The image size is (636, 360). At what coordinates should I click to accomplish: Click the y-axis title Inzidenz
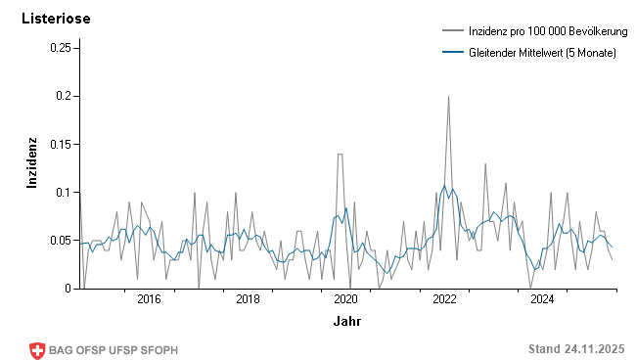click(31, 162)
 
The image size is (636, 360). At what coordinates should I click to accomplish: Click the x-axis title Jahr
click(346, 321)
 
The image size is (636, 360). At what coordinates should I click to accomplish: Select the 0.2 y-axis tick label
click(64, 96)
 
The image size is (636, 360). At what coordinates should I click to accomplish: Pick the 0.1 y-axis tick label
click(64, 192)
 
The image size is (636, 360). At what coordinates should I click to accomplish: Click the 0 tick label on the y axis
click(68, 289)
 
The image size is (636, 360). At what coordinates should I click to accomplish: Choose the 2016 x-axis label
click(149, 299)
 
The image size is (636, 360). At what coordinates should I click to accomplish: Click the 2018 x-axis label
click(248, 299)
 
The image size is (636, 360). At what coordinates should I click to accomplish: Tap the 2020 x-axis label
click(345, 299)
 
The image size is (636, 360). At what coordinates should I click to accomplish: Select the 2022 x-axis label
click(444, 299)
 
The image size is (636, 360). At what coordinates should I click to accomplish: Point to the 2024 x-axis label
click(542, 299)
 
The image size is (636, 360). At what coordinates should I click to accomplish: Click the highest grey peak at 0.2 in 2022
click(448, 97)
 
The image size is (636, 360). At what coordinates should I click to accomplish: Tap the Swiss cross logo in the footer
click(38, 349)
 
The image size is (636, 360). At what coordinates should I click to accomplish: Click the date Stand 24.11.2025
click(575, 349)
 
